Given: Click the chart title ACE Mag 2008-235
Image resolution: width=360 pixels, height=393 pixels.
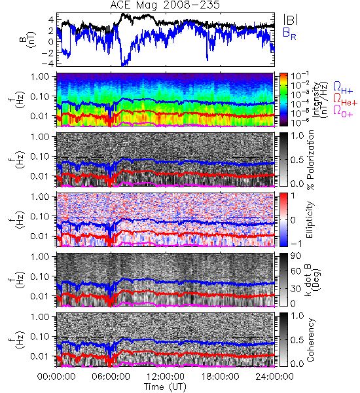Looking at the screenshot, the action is [165, 5].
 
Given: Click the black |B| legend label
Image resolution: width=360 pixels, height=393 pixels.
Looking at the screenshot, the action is [291, 19].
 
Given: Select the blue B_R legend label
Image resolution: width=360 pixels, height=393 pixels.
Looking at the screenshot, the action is [289, 33].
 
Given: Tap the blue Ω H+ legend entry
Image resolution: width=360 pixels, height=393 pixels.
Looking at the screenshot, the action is [343, 88].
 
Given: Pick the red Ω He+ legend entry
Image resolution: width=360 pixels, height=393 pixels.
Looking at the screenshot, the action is [345, 100].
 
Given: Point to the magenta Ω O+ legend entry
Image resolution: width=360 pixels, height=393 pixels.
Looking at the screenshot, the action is [343, 111].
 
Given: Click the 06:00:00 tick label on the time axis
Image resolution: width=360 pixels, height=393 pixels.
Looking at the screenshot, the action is [111, 377].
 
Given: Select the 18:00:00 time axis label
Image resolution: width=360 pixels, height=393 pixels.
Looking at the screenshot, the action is [220, 377].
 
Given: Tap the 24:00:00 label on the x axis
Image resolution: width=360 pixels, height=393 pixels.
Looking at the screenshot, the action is [274, 377].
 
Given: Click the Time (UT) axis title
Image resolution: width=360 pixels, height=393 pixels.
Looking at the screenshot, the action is [166, 386].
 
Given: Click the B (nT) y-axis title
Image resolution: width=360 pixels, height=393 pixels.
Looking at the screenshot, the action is [29, 39].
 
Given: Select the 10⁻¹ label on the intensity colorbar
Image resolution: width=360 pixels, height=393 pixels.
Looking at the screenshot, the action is [297, 75].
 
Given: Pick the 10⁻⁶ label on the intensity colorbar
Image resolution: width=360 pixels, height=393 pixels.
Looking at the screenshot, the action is [297, 122].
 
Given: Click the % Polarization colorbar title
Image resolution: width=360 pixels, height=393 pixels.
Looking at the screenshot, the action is [311, 160].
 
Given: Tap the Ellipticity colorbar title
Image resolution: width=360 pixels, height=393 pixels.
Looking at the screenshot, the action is [310, 220].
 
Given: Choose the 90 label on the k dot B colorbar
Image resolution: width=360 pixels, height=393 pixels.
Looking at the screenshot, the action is [296, 256].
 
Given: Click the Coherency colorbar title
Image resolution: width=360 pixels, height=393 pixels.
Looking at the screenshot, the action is [311, 340].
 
